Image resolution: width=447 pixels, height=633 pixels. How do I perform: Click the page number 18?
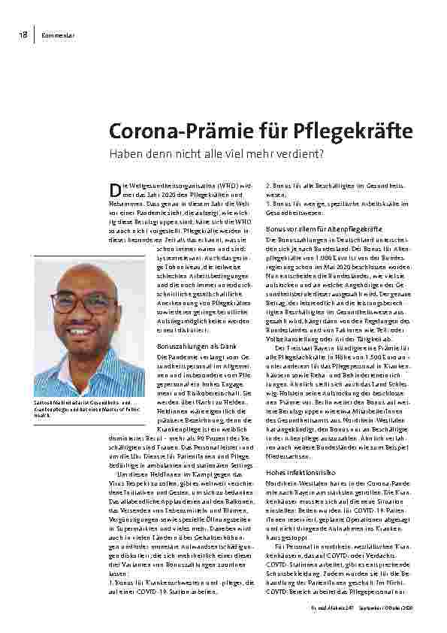tap(25, 35)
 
